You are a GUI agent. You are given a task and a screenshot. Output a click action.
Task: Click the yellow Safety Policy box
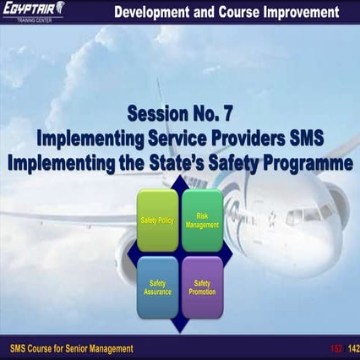click(x=157, y=221)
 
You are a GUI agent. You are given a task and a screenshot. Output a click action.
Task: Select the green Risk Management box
click(x=202, y=221)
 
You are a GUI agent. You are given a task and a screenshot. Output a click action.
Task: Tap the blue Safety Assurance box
click(x=157, y=287)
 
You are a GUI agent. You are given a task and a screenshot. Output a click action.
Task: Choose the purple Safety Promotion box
click(x=202, y=287)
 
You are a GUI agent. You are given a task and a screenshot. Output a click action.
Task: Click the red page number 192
click(x=334, y=348)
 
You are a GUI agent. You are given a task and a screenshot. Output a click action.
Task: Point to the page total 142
click(x=352, y=348)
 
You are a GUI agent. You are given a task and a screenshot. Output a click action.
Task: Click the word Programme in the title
click(x=306, y=163)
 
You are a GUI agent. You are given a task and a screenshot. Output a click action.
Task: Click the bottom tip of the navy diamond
click(x=179, y=331)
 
